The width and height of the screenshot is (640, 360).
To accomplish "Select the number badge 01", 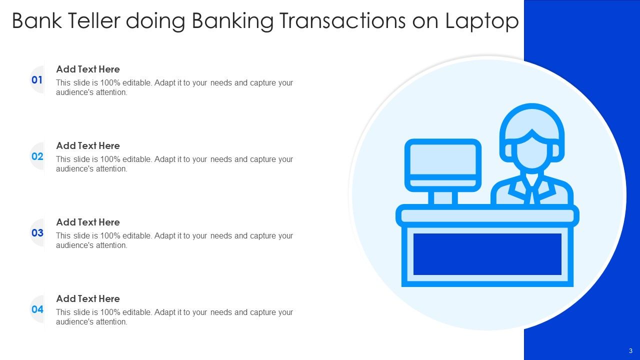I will (37, 80).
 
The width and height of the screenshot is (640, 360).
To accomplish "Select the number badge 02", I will (37, 156).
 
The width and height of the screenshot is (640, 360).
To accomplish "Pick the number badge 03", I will (37, 233).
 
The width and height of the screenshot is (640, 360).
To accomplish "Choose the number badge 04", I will (37, 309).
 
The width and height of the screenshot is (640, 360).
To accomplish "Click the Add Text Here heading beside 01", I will (88, 69).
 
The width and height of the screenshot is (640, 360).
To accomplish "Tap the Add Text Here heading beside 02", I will (88, 146).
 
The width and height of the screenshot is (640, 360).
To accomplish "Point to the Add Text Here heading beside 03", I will (88, 222).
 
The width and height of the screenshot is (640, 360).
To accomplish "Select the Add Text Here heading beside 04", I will (88, 299).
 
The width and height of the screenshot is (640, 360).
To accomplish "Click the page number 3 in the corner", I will (630, 350).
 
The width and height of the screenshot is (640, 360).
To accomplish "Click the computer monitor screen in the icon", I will (442, 159).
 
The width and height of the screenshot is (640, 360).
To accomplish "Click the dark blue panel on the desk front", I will (487, 254).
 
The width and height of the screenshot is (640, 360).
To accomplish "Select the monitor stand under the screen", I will (442, 197).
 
